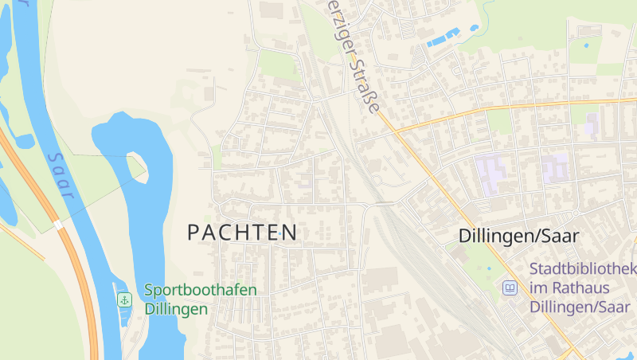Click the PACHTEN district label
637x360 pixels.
[242, 233]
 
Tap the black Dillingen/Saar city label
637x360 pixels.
[518, 236]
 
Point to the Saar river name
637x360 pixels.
[61, 176]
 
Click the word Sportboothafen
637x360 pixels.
[201, 290]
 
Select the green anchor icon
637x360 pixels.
[124, 299]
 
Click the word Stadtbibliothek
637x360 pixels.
[583, 269]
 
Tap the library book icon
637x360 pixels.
[509, 288]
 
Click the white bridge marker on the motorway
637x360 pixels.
[58, 225]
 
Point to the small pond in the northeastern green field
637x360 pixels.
[587, 45]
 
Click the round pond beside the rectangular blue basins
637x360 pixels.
[475, 28]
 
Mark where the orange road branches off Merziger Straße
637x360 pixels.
[393, 131]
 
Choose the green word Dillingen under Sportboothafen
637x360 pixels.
[176, 309]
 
